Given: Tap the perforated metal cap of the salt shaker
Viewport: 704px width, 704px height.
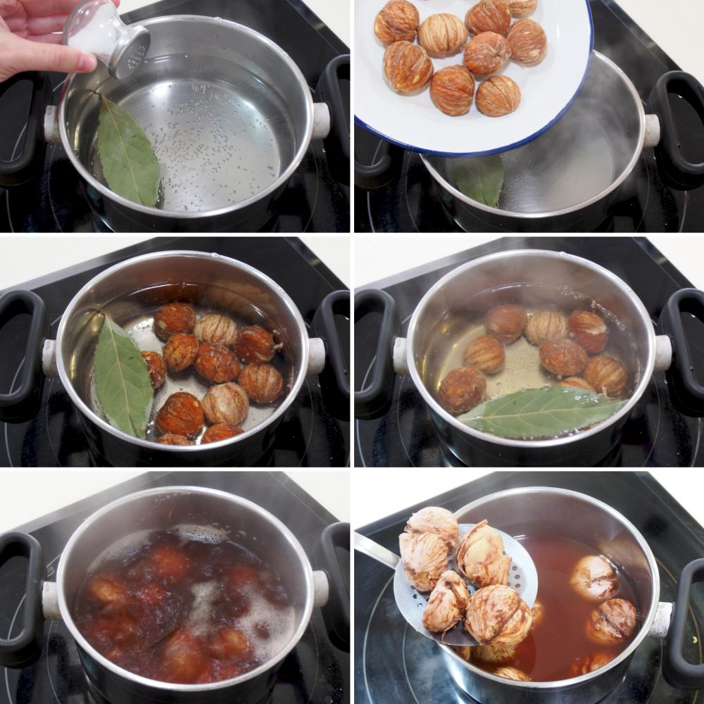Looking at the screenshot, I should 131,51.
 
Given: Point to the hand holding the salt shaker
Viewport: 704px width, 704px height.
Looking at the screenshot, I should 35,39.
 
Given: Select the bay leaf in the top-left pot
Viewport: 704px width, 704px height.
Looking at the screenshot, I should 127,153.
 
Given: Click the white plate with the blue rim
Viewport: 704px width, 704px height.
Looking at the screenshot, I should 465,77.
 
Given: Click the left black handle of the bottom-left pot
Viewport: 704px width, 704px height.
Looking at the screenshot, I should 20,598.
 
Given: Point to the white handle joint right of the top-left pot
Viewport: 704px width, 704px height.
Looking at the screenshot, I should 320,120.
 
